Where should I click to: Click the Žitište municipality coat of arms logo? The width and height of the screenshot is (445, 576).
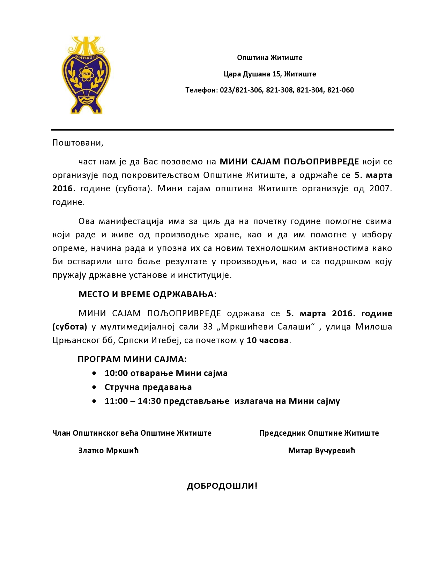tap(86, 75)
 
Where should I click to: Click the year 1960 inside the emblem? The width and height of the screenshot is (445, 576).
tap(86, 74)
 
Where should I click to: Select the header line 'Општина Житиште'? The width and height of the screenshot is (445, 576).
tap(269, 58)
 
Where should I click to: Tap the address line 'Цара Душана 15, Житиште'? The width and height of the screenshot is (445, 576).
tap(269, 74)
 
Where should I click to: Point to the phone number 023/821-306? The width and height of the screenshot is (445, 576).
tap(241, 90)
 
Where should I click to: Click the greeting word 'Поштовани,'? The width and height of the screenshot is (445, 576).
tap(78, 143)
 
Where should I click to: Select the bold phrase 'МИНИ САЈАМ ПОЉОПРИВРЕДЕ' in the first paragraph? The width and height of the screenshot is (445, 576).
tap(289, 162)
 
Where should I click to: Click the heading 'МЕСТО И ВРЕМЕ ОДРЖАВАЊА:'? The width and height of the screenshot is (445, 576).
tap(147, 294)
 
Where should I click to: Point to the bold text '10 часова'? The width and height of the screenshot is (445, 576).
tap(268, 340)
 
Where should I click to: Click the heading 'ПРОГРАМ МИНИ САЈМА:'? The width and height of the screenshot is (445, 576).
tap(132, 359)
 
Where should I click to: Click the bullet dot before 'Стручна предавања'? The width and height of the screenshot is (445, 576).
tap(94, 387)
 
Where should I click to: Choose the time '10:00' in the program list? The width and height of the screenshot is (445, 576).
tap(116, 373)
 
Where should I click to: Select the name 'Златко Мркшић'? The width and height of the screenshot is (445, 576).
tap(109, 451)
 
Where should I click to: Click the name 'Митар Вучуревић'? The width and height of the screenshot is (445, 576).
tap(321, 451)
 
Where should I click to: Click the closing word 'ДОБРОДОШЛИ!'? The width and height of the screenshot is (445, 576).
tap(222, 486)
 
